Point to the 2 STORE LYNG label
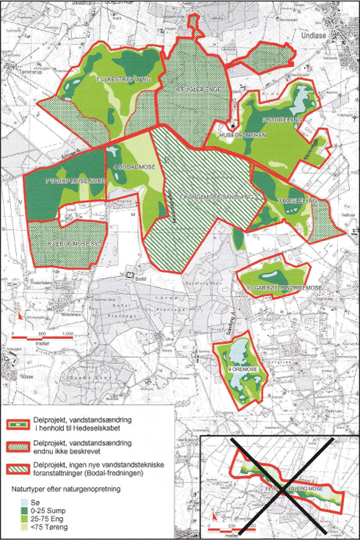click(280, 120)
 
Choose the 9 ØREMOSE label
click(241, 368)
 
